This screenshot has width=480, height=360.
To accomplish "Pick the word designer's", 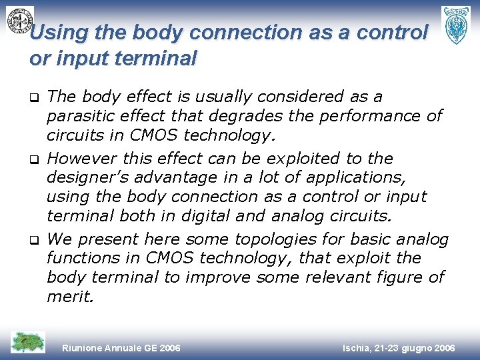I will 85,178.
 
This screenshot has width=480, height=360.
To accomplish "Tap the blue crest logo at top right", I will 457,25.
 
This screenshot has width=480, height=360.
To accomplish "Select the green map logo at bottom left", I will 28,343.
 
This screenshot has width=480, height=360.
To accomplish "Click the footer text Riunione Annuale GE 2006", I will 121,348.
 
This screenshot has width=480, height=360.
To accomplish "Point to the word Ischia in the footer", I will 357,348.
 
